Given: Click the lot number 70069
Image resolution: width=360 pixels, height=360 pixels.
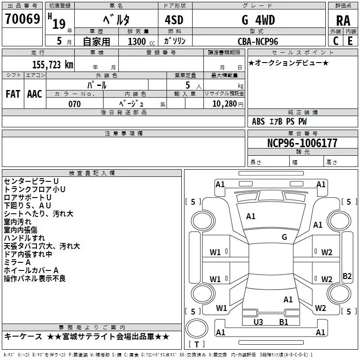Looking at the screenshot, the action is (x=22, y=19).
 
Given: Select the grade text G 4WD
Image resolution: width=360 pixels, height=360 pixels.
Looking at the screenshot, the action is (x=258, y=20).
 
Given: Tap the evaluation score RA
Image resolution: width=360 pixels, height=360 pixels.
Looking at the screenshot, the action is (x=343, y=21).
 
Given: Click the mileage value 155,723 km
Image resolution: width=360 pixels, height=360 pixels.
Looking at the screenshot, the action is (x=53, y=65).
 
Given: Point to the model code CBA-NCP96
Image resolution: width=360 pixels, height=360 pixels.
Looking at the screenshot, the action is (x=258, y=41).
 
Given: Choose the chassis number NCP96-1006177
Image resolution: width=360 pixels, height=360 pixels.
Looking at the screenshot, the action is (x=302, y=143).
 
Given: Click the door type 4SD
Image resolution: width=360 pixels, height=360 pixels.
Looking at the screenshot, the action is (x=174, y=20).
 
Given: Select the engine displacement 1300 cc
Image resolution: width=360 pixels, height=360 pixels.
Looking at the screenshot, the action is (x=141, y=41).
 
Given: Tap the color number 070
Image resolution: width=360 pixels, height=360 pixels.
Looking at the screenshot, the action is (x=75, y=104).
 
